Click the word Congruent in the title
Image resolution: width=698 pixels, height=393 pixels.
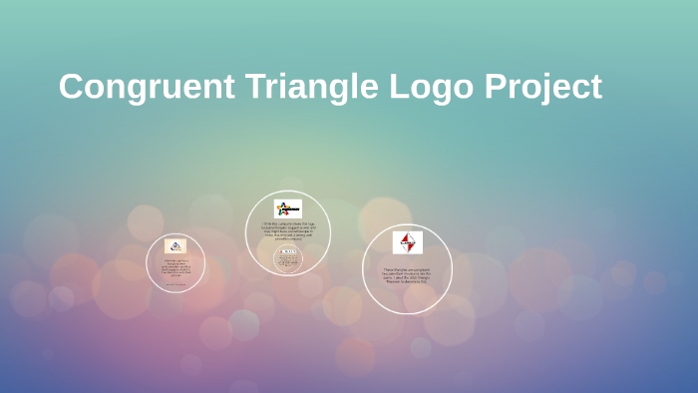146,87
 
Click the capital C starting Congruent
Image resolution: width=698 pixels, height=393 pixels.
72,87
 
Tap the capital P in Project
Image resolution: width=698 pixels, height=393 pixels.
497,87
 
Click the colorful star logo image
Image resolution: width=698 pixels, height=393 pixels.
287,208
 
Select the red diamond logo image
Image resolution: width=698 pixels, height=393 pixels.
407,242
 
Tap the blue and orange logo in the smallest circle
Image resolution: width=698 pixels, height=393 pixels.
175,245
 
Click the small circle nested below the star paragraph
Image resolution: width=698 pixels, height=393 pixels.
288,258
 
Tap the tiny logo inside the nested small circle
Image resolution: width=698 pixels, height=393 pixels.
288,251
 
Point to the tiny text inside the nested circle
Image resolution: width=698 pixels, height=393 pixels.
288,262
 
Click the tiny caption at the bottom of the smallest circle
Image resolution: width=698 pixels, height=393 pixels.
175,284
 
